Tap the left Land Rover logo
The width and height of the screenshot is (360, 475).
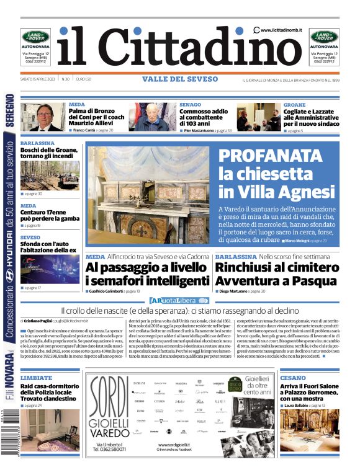click(x=35, y=37)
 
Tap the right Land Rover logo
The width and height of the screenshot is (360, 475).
click(x=324, y=37)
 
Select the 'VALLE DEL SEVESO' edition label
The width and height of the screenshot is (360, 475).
click(x=180, y=79)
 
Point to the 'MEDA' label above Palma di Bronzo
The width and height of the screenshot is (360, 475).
click(x=78, y=105)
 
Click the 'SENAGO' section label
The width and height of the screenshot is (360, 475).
click(x=190, y=105)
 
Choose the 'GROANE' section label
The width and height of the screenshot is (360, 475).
click(x=294, y=105)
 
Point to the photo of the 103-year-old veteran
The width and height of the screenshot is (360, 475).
click(x=153, y=117)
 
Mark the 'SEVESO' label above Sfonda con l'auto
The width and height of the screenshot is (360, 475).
click(x=30, y=238)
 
